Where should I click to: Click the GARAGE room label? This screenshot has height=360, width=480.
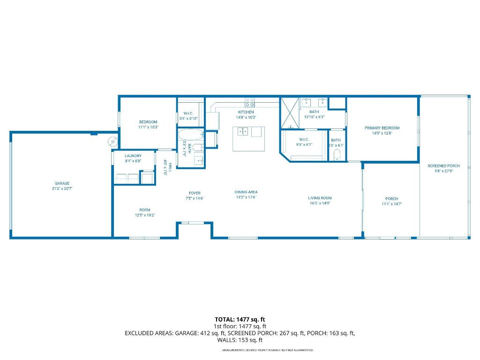click(x=62, y=183)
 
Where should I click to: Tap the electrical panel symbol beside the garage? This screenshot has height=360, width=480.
click(x=112, y=140)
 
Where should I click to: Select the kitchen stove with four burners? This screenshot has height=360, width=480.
click(x=250, y=102)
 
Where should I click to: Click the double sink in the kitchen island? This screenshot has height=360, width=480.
click(x=243, y=131)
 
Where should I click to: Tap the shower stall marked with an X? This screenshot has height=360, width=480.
click(x=289, y=113)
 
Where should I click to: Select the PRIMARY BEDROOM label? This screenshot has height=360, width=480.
click(x=382, y=127)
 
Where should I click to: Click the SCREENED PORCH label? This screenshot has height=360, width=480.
click(x=443, y=166)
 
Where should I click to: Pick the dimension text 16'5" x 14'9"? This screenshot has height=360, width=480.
click(x=320, y=203)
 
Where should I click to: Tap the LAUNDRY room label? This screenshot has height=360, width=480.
click(x=133, y=156)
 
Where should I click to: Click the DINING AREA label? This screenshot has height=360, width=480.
click(x=246, y=192)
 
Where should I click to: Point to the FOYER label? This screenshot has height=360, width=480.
click(x=195, y=193)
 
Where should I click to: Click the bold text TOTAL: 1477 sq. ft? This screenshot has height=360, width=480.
click(x=240, y=319)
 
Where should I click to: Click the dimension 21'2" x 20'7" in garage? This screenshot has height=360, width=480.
click(x=62, y=188)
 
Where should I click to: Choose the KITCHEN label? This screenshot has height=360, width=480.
click(x=246, y=112)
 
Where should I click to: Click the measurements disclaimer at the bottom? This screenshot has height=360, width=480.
click(x=267, y=350)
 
